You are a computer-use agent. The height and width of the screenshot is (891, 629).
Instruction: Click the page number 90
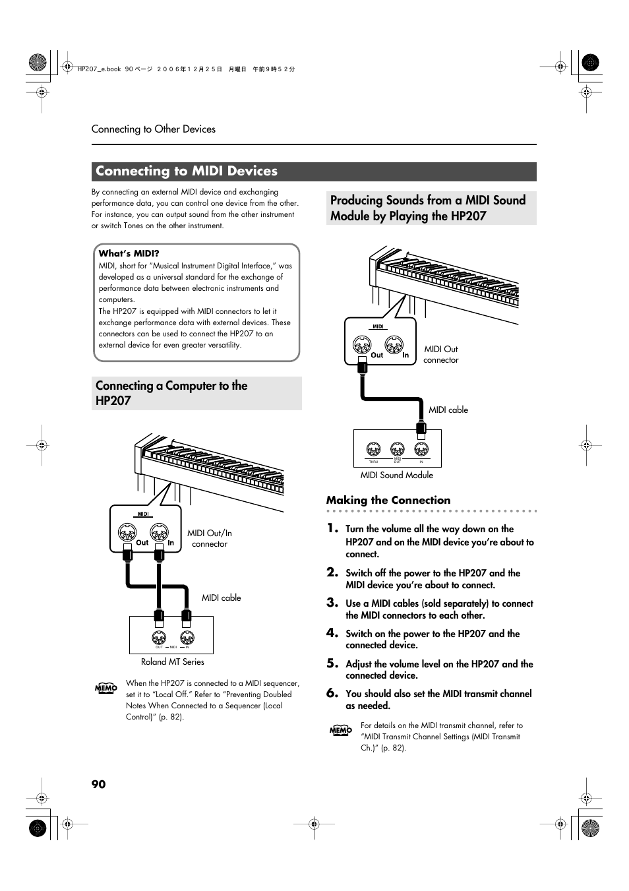98,783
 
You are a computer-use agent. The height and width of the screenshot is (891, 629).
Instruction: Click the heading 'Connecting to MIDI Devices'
187,171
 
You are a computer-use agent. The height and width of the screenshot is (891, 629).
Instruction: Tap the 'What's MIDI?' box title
129,253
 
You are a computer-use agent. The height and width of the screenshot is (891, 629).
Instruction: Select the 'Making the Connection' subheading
388,500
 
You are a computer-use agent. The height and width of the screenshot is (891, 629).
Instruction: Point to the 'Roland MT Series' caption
172,661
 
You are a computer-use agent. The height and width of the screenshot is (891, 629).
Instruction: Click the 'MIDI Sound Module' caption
396,475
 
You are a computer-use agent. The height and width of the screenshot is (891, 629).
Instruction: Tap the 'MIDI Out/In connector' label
209,538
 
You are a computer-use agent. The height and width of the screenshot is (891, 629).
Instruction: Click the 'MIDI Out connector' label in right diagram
440,354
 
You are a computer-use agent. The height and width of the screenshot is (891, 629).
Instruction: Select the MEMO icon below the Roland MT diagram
105,689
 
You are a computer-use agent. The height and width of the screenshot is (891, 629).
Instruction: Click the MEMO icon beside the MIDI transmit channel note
340,730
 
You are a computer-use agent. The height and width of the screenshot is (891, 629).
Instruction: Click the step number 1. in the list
333,528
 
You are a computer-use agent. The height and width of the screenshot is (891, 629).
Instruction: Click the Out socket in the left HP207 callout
127,532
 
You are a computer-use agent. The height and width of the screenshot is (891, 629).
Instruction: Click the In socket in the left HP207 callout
159,532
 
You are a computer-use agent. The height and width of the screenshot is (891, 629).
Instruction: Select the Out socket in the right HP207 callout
362,344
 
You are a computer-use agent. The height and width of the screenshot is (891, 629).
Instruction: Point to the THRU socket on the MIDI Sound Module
373,450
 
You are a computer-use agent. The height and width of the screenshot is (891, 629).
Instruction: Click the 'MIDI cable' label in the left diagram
221,598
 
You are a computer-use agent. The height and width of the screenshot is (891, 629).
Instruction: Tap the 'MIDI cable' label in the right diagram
448,410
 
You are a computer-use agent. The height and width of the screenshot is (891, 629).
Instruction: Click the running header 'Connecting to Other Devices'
154,129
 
